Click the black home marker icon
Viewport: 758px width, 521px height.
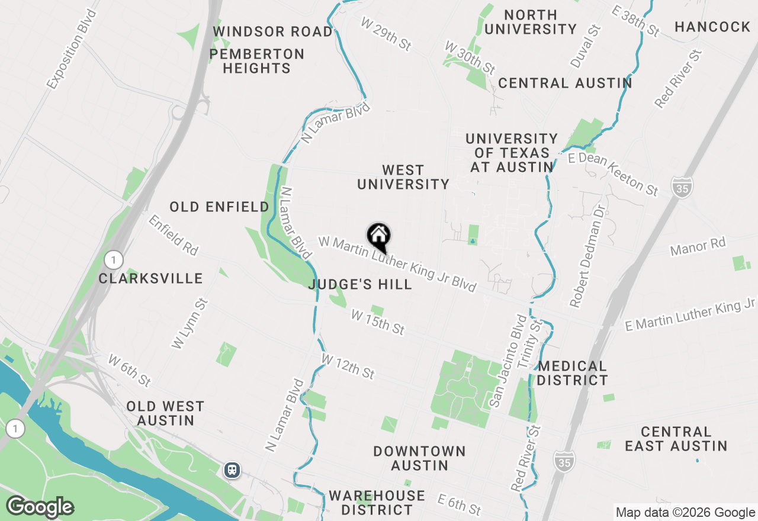(379, 237)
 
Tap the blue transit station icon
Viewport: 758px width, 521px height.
(232, 470)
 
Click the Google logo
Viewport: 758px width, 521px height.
(40, 507)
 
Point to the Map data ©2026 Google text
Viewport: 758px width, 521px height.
(685, 513)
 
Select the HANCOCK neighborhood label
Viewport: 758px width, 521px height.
(712, 27)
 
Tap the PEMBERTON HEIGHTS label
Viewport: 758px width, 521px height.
(256, 61)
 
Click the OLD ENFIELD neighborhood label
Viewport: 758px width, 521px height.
(219, 207)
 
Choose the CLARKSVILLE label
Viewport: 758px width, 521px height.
(150, 278)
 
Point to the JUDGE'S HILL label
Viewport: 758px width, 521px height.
(360, 284)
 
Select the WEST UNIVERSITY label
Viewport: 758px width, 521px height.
(403, 178)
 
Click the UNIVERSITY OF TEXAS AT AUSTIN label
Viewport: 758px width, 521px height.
(512, 153)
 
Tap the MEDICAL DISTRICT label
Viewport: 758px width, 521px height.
(572, 373)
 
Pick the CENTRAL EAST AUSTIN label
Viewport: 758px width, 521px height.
(676, 439)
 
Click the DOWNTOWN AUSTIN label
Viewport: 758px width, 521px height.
(419, 458)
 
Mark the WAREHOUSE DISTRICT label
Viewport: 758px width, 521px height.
(377, 502)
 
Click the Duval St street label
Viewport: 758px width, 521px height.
(586, 46)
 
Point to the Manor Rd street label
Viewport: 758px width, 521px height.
(698, 246)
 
